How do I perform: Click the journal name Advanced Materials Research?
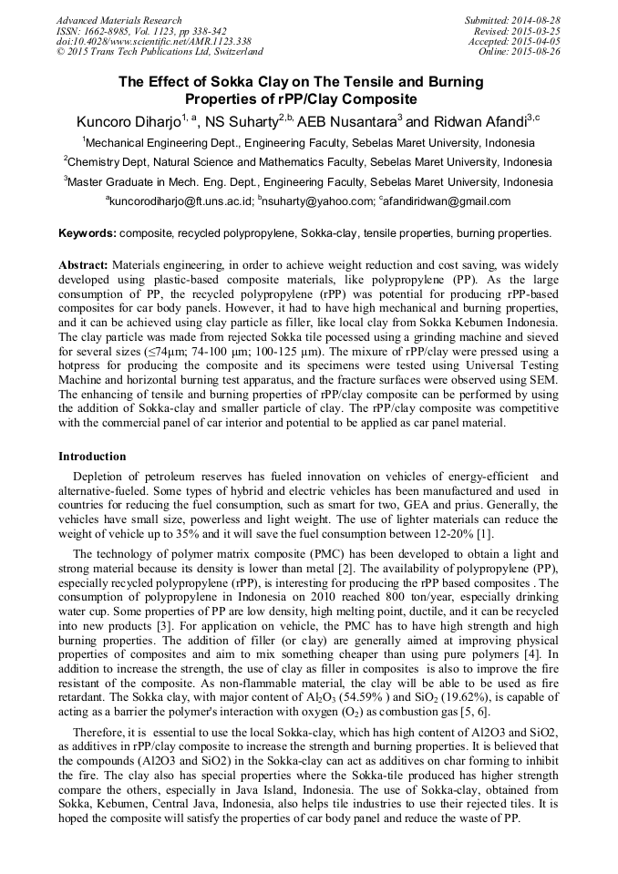(x=118, y=20)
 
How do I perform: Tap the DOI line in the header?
(x=140, y=41)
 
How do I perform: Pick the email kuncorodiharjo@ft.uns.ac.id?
(x=180, y=201)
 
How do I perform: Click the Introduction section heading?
(x=92, y=456)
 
